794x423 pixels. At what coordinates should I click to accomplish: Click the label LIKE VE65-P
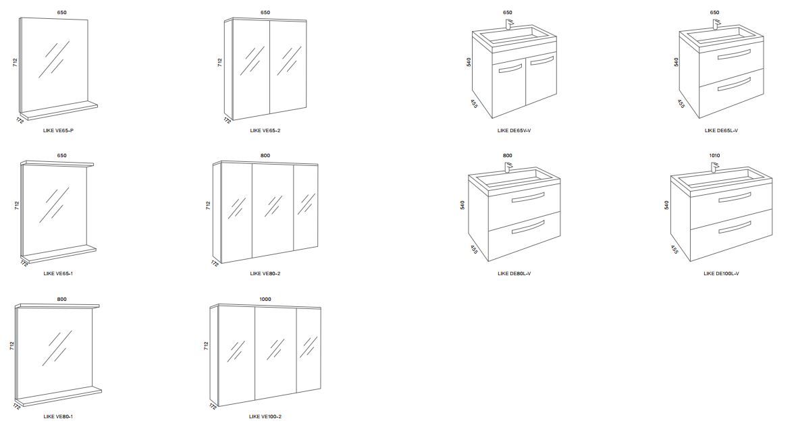[x=59, y=131]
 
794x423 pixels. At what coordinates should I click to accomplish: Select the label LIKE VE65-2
[x=265, y=131]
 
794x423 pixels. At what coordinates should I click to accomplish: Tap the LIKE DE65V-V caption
[x=514, y=131]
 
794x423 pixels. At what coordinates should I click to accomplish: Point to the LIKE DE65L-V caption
[x=721, y=131]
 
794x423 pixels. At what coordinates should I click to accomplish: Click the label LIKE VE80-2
[x=265, y=274]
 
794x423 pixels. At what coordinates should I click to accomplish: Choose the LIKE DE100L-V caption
[x=721, y=274]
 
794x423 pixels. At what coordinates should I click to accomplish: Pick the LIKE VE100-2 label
[x=265, y=417]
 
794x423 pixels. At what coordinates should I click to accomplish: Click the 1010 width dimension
[x=714, y=155]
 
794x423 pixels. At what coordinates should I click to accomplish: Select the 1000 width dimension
[x=265, y=299]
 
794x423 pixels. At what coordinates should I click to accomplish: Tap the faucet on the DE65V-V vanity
[x=509, y=24]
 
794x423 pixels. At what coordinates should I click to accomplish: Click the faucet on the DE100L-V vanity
[x=714, y=167]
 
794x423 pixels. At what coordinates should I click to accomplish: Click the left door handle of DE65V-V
[x=510, y=67]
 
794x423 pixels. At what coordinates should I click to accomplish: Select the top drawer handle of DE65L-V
[x=730, y=55]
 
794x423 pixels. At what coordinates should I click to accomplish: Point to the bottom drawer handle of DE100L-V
[x=735, y=227]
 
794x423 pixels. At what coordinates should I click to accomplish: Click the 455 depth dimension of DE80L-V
[x=473, y=250]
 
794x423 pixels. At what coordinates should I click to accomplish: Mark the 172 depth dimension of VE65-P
[x=20, y=120]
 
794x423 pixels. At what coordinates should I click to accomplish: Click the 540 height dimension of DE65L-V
[x=676, y=62]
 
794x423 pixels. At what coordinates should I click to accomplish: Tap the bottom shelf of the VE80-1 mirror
[x=59, y=398]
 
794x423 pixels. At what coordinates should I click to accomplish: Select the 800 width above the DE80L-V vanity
[x=507, y=155]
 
